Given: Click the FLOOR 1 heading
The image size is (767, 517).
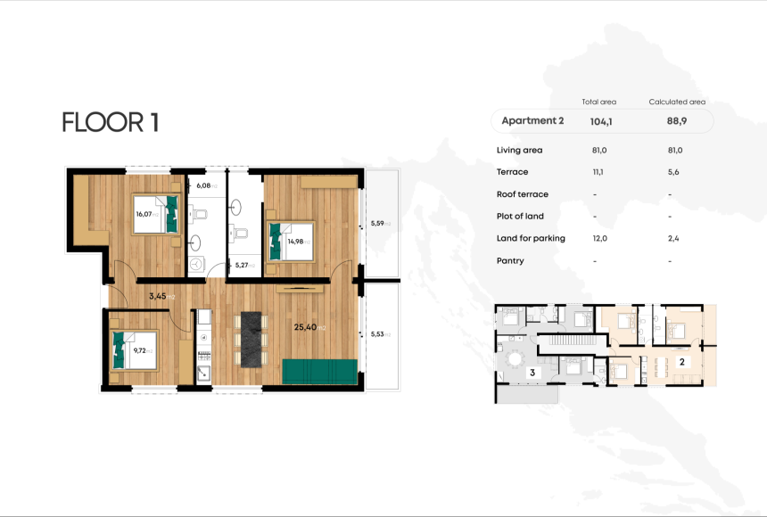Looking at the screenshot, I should click(111, 122).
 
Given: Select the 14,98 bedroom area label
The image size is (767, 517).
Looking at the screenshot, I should click(298, 240).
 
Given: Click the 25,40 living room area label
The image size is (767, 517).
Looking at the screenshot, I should click(309, 327).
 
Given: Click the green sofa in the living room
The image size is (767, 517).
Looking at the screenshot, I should click(320, 373).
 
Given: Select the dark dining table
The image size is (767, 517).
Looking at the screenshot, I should click(255, 339).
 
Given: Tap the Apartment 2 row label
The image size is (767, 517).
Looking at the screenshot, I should click(532, 120).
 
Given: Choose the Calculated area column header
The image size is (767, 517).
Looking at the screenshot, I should click(677, 102).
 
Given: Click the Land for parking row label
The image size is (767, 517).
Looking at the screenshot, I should click(532, 239).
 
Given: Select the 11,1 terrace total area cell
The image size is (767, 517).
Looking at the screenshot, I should click(598, 172).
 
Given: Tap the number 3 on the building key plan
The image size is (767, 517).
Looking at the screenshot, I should click(532, 372).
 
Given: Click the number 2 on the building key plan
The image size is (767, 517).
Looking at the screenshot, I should click(681, 362).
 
